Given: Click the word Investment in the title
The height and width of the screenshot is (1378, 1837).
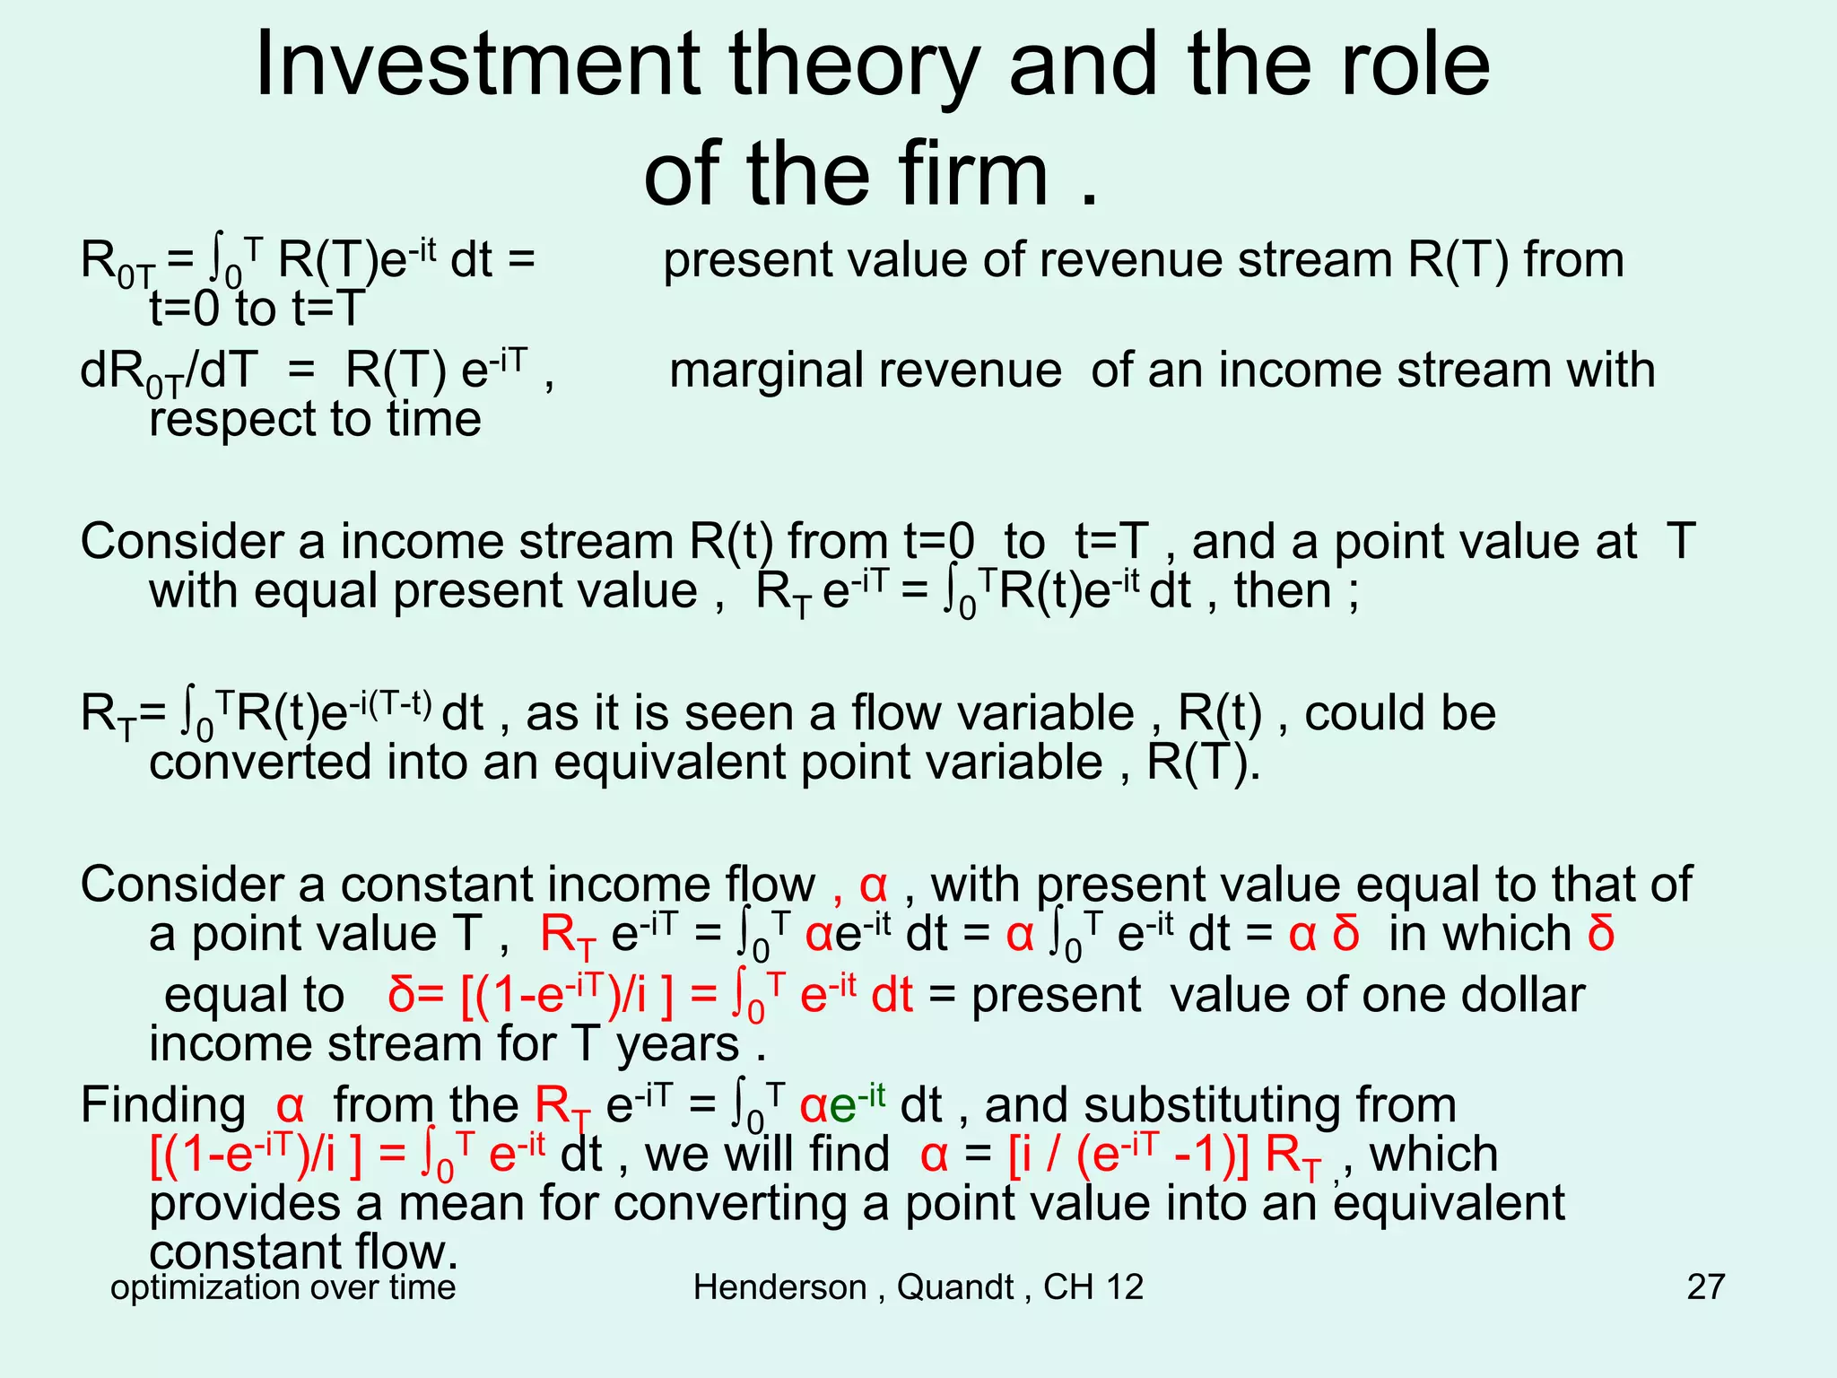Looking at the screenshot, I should click(475, 65).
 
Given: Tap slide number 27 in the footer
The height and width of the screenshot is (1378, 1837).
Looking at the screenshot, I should click(1705, 1287).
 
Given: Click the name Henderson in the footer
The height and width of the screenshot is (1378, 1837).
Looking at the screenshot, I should click(779, 1287).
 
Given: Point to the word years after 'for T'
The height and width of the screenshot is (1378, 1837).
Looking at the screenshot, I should click(677, 1044).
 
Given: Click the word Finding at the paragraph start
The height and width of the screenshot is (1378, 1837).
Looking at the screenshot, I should click(162, 1104).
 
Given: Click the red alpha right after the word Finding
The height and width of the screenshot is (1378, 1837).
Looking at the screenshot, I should click(291, 1106).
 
